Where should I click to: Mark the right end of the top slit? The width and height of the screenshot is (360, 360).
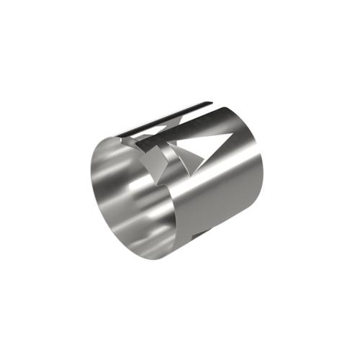coord(212,102)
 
